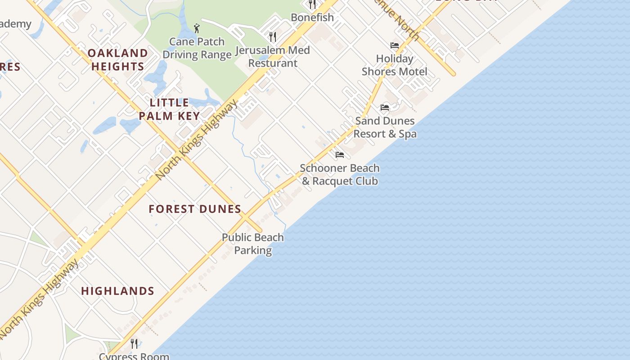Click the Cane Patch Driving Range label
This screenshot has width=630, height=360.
tap(197, 48)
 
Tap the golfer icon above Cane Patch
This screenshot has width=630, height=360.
tap(197, 29)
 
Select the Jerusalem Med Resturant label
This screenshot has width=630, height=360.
tap(273, 57)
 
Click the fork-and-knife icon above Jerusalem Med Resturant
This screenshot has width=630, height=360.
tap(272, 36)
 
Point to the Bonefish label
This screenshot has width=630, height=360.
tap(312, 18)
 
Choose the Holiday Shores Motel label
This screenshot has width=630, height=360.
tap(395, 65)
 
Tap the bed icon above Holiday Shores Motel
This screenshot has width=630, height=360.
tap(395, 45)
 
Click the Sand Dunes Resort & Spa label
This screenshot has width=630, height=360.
tap(385, 127)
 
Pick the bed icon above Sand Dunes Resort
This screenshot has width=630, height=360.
tap(385, 108)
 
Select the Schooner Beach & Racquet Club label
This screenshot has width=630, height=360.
tap(340, 175)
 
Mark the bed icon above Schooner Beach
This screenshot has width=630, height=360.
tap(340, 155)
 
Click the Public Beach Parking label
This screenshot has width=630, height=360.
tap(253, 244)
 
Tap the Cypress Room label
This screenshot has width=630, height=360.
tap(134, 356)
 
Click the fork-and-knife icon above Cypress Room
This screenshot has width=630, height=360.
tap(134, 343)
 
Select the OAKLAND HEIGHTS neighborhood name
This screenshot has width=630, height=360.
tap(117, 60)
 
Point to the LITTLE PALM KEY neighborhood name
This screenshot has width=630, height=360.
tap(169, 109)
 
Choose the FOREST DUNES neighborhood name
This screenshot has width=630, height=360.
tap(195, 209)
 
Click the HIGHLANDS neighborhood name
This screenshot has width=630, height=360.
tap(118, 291)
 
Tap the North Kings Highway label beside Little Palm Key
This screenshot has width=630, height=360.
tap(197, 140)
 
